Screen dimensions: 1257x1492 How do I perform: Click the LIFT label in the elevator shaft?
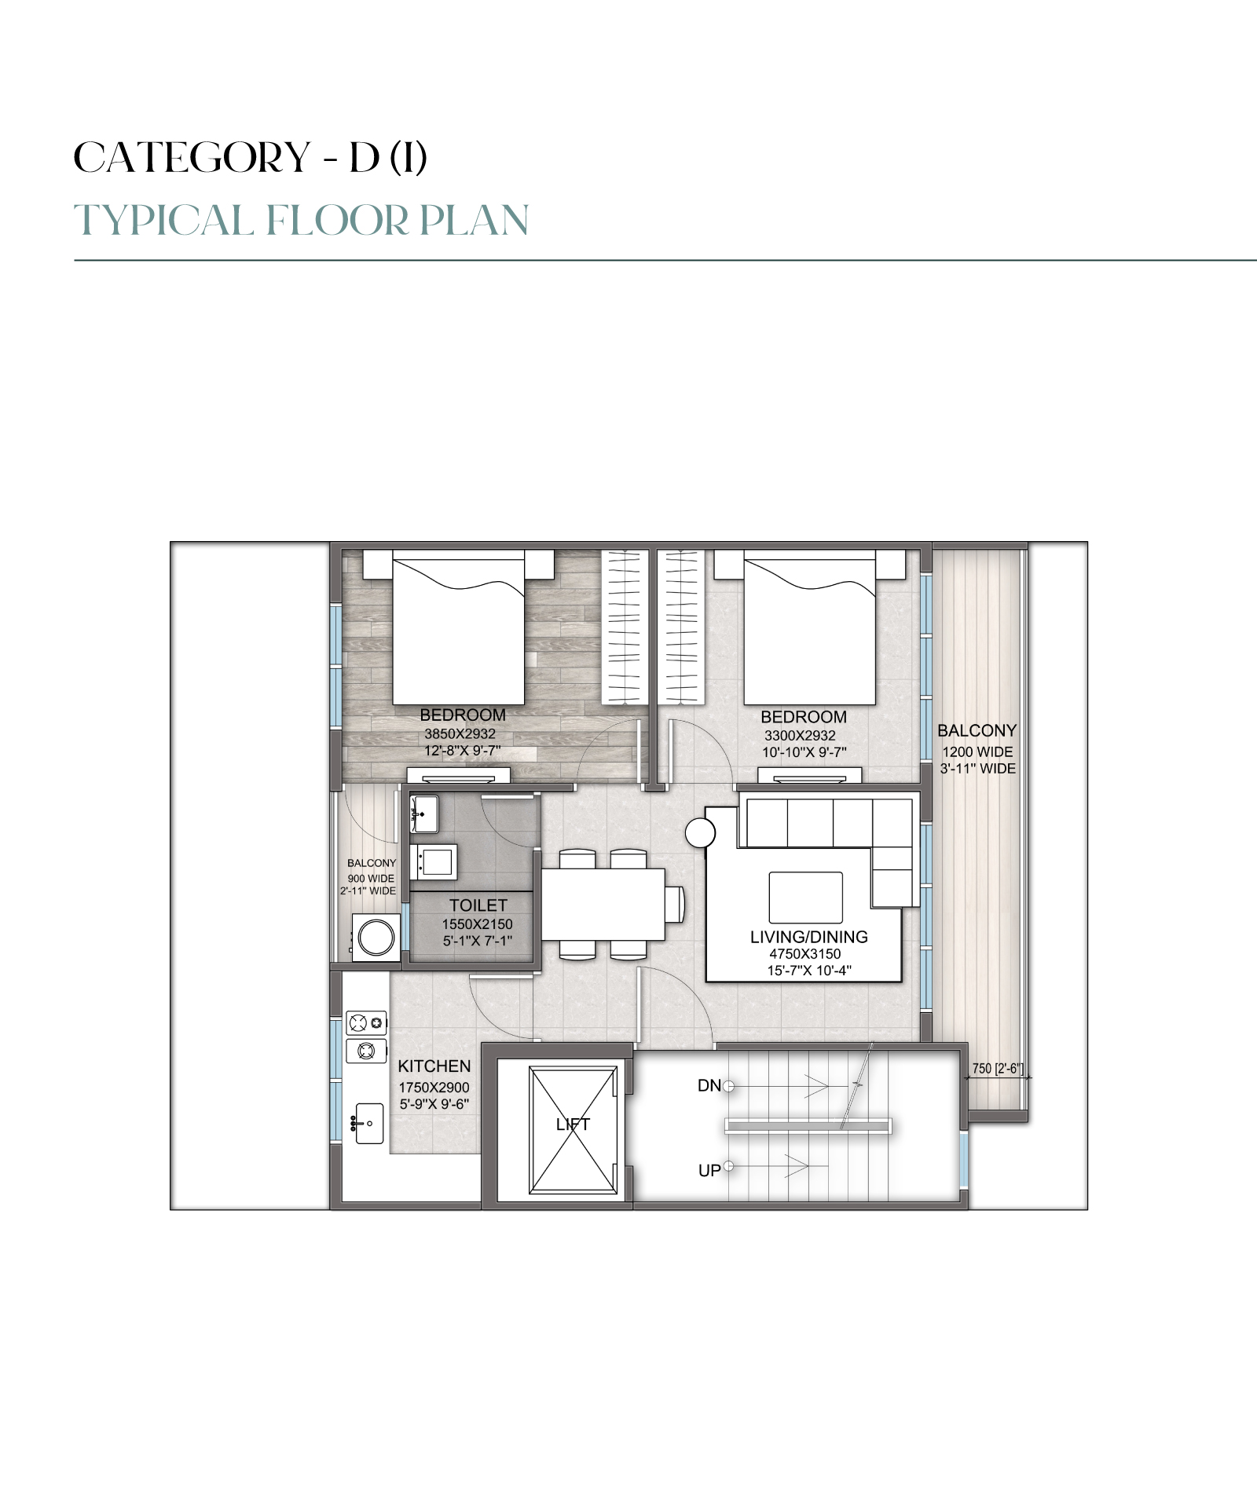[573, 1124]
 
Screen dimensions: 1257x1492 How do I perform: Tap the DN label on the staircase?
[709, 1086]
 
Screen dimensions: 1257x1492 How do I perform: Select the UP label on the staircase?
[709, 1171]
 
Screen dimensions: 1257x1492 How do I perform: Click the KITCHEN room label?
[434, 1066]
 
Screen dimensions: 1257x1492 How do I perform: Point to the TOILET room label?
[478, 905]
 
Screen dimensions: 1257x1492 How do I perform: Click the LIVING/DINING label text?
[809, 937]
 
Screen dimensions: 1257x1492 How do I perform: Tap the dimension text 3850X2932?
[460, 733]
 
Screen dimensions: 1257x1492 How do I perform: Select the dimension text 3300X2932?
[801, 736]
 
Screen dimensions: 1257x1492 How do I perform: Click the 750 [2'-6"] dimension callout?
[998, 1068]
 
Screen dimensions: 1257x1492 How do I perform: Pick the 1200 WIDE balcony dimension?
[977, 751]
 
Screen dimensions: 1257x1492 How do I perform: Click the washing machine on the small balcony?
[376, 938]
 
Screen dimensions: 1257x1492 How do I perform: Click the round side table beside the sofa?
[700, 832]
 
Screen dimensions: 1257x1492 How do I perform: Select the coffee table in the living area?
[806, 898]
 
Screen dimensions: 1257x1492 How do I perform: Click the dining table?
[603, 904]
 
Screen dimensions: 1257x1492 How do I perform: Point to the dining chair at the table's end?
[675, 904]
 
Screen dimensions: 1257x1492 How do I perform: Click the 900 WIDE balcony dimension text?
[371, 879]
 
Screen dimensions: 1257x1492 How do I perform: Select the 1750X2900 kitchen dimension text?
[434, 1088]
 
